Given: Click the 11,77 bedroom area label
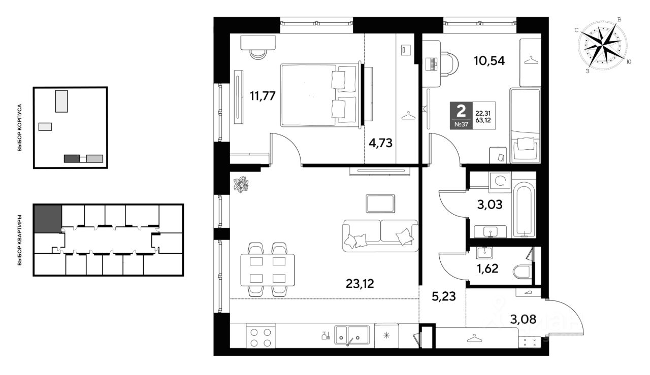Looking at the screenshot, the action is point(263,96).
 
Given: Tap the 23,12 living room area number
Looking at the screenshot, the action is point(360,284).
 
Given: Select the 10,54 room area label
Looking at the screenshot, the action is point(489,60).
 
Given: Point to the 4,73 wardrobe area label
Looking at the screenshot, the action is point(380,143).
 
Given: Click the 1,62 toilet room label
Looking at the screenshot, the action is point(487,268).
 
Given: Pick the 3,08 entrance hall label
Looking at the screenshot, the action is point(523,319).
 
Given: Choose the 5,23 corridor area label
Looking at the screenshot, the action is point(444,296).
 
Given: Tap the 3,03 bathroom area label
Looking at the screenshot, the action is point(490,204).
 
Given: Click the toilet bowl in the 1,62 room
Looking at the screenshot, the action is point(523,272).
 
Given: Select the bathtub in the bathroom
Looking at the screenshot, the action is point(524,210).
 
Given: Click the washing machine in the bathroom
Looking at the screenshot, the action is point(500,182).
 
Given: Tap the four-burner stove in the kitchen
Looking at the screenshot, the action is point(261,337).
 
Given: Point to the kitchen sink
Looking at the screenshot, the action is point(352,335).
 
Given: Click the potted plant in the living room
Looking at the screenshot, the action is point(241,184).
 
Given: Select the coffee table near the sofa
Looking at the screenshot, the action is point(380,203).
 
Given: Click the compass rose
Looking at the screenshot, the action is point(603,46).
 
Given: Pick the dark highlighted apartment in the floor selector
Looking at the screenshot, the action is point(48,219).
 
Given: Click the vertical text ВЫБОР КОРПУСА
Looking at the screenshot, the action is point(20,127).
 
